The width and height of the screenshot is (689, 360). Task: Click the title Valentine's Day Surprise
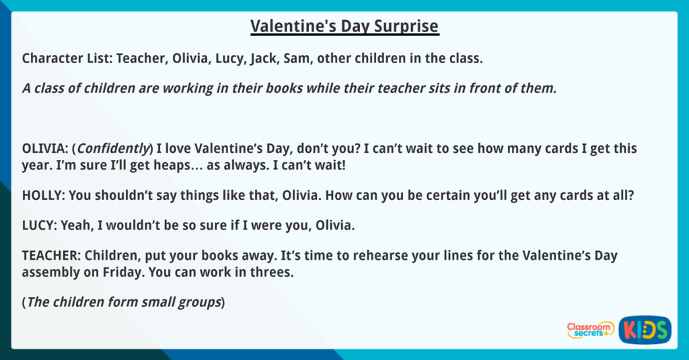344,26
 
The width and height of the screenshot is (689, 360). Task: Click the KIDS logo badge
645,329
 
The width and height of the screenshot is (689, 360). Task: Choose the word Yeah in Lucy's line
74,225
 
